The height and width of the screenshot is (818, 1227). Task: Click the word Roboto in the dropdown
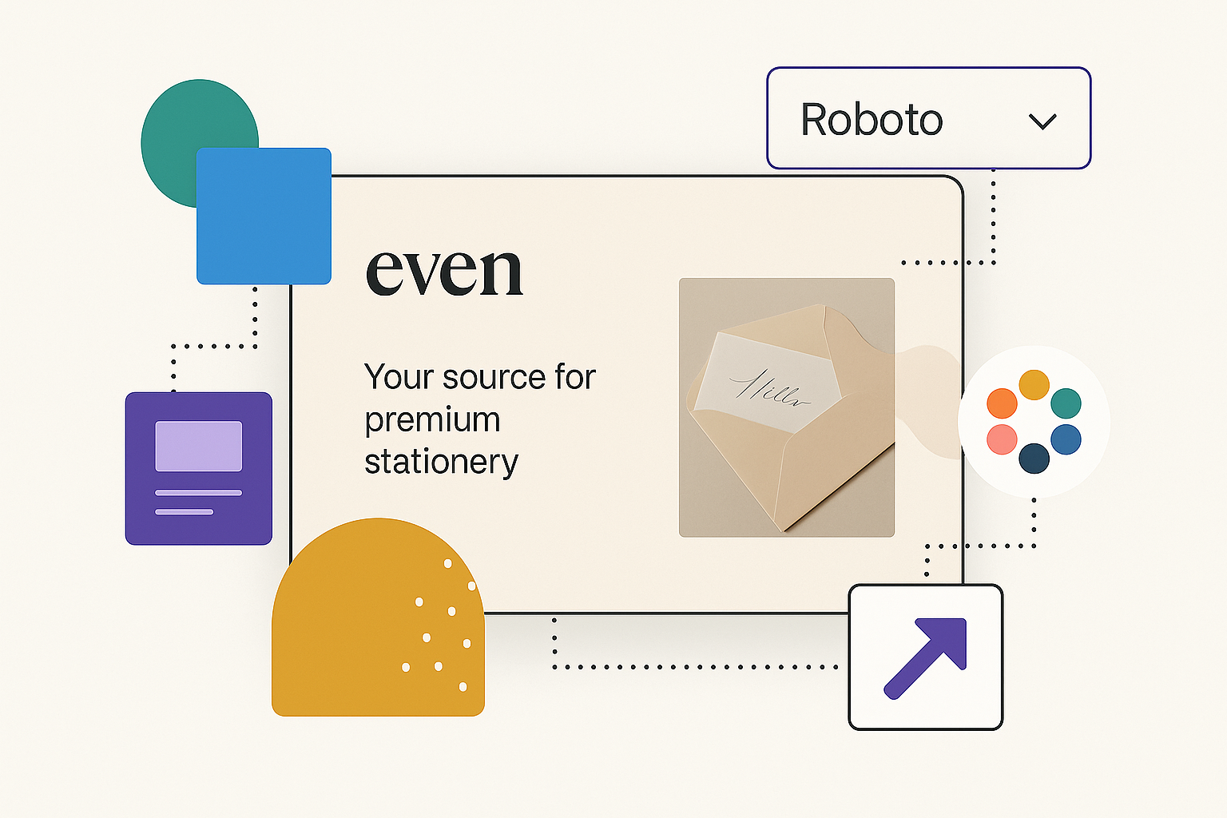[x=872, y=120]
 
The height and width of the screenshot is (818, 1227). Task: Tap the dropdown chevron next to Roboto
[x=1042, y=121]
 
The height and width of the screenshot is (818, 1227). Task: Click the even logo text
[x=444, y=272]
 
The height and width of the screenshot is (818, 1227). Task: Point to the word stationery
[x=441, y=463]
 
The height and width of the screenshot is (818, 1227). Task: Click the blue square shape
[x=264, y=216]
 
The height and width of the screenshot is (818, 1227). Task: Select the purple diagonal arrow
[x=927, y=657]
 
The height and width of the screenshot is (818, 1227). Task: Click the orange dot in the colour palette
[x=1002, y=403]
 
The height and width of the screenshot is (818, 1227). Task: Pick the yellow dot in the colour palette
[x=1034, y=385]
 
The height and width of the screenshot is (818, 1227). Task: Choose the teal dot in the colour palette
[x=1066, y=403]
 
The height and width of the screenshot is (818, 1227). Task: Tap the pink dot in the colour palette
[x=1002, y=439]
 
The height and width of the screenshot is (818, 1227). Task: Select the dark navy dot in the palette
[x=1034, y=459]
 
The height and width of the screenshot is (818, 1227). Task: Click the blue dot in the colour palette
[x=1066, y=439]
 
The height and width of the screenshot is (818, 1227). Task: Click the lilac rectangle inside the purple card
[x=198, y=446]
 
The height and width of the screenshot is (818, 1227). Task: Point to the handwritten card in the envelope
[x=767, y=382]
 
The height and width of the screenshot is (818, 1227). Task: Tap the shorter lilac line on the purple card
[x=184, y=511]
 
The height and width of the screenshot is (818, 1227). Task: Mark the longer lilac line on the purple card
[x=198, y=493]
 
